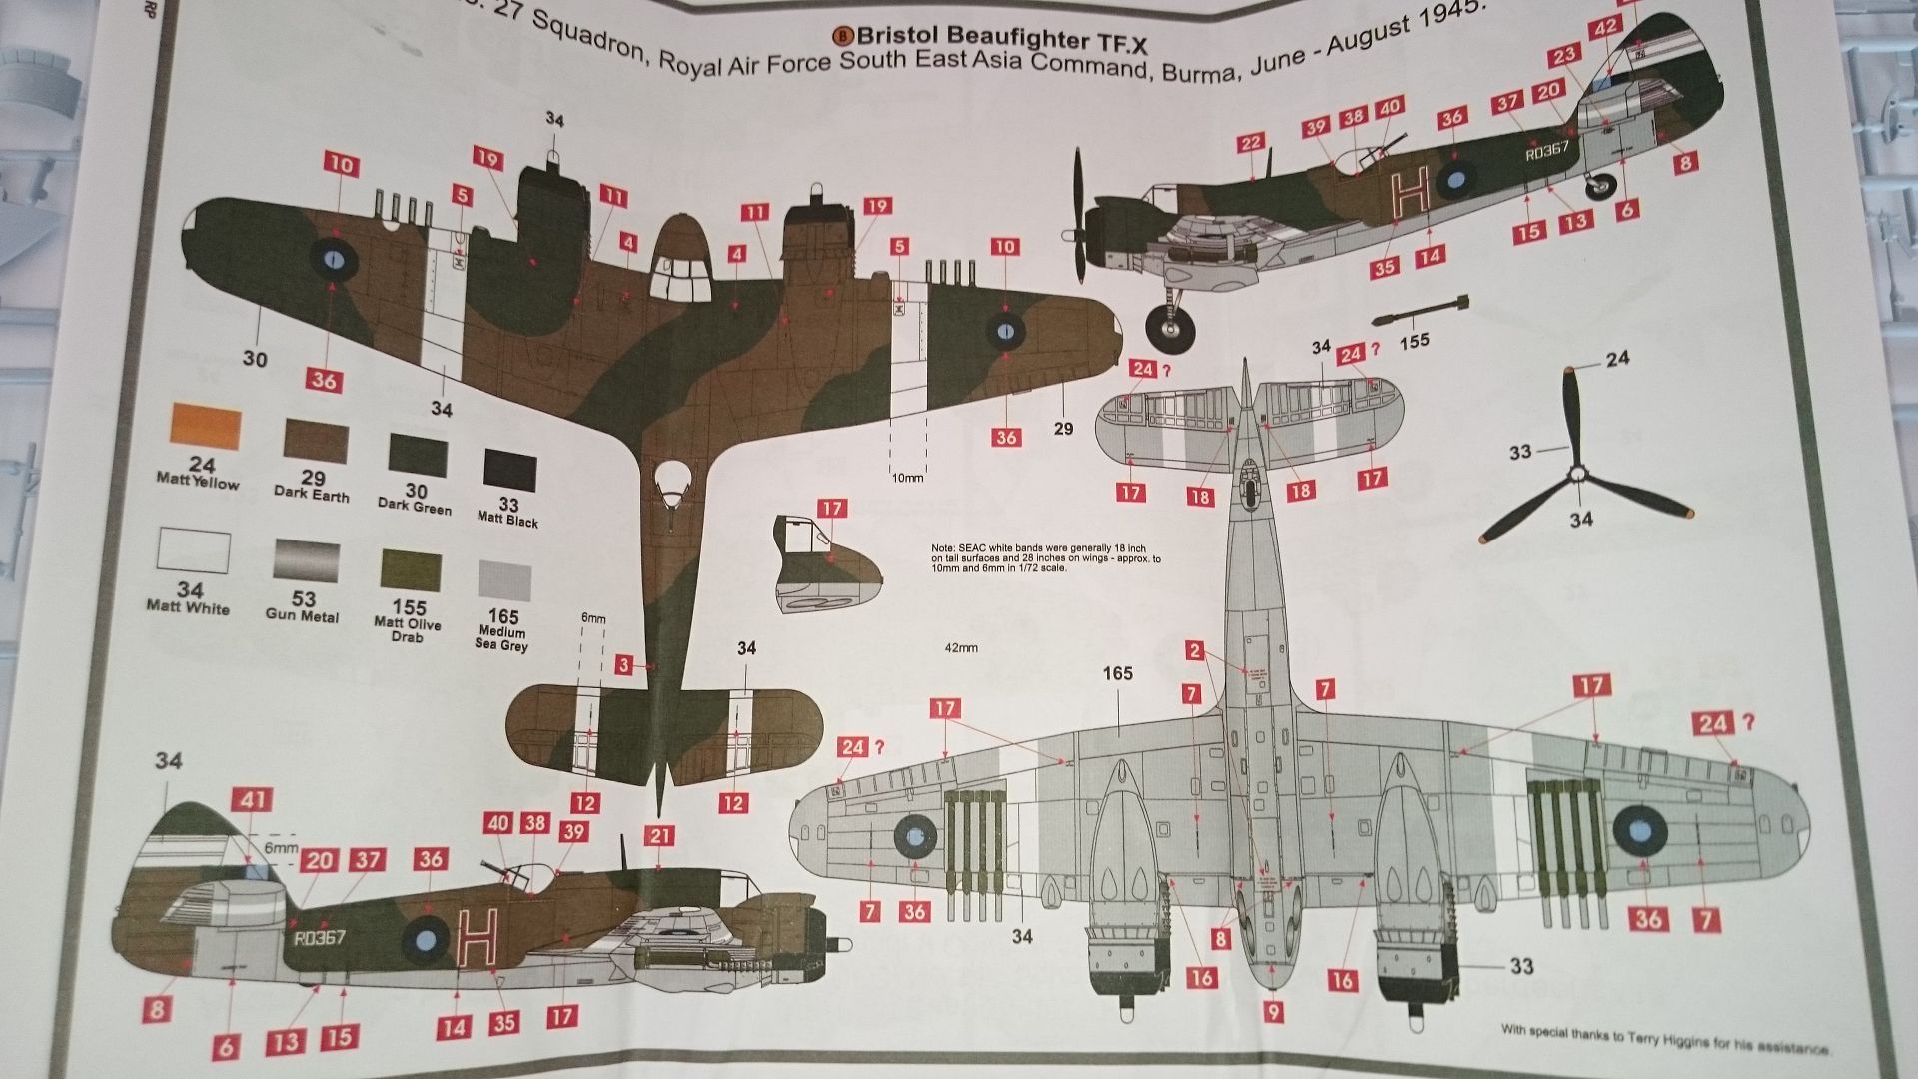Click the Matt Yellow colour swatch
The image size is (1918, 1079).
pos(206,427)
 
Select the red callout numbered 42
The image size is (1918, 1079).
pos(1606,28)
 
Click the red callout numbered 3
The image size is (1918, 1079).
pos(624,665)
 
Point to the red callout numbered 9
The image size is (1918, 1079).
pos(1273,1012)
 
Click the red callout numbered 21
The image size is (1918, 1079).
pos(659,836)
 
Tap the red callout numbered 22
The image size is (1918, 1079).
pos(1250,144)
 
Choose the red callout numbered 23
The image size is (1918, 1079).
pos(1564,55)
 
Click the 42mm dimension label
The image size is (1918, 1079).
pos(960,648)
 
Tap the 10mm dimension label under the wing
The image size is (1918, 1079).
pos(907,478)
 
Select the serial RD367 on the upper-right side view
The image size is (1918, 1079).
pos(1547,151)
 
